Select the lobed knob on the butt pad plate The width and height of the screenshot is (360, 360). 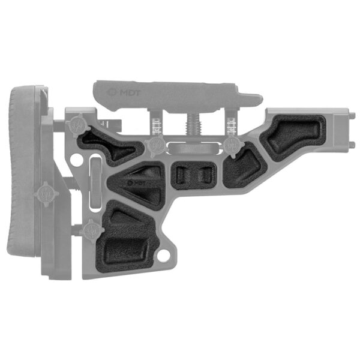[x=46, y=194]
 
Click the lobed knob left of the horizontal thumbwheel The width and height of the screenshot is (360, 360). [x=157, y=144]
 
